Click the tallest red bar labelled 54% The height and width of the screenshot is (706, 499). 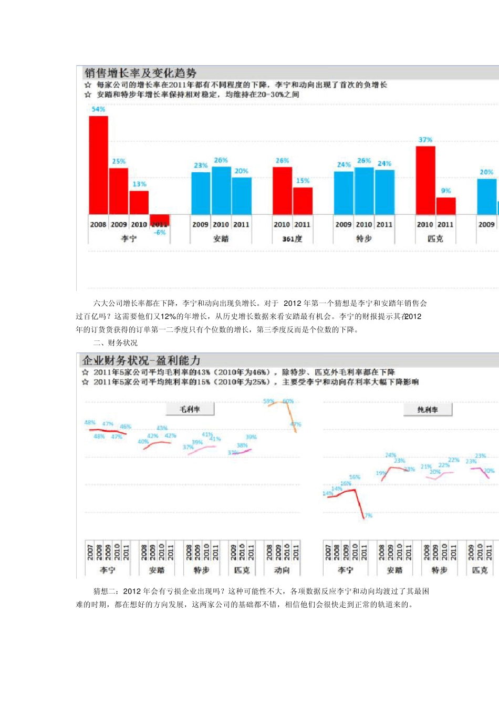click(98, 164)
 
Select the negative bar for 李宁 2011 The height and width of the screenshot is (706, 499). click(160, 220)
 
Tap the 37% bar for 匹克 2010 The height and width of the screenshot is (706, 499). click(425, 180)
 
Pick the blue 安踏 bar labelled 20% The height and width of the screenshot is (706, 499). click(241, 195)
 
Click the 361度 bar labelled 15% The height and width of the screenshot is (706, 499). click(303, 201)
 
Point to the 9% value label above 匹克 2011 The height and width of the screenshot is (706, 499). click(445, 191)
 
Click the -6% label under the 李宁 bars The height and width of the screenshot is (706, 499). click(160, 232)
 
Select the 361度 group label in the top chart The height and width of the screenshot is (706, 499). click(292, 238)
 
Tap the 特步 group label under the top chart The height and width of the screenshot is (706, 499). click(363, 238)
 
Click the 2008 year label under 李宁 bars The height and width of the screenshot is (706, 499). click(98, 224)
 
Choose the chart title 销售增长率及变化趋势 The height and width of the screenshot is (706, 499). click(140, 73)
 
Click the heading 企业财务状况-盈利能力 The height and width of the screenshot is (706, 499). click(141, 360)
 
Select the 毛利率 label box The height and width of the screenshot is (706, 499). click(190, 409)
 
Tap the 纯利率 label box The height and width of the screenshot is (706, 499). click(428, 409)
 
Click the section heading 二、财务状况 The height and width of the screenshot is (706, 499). click(115, 343)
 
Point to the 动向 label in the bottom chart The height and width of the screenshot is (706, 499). click(282, 570)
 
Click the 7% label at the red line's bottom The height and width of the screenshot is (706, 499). click(369, 515)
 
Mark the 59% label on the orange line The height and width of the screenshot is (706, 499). click(268, 401)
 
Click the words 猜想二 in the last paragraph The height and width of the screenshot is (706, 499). click(104, 591)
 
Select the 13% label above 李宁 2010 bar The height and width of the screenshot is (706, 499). click(139, 184)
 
